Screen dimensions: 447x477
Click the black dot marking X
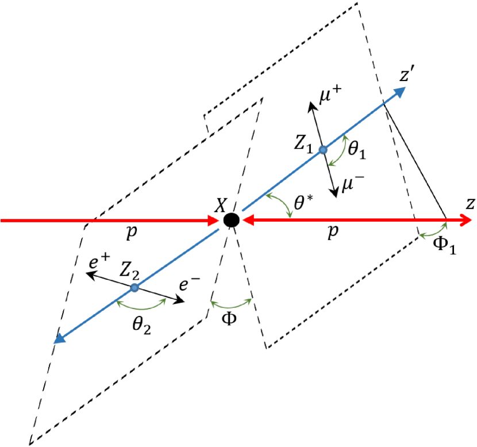point(232,219)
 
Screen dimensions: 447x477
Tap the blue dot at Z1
point(323,149)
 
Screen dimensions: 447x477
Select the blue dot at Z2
point(134,287)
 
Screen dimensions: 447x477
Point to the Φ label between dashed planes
point(229,319)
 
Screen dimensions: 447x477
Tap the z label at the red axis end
point(470,203)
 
